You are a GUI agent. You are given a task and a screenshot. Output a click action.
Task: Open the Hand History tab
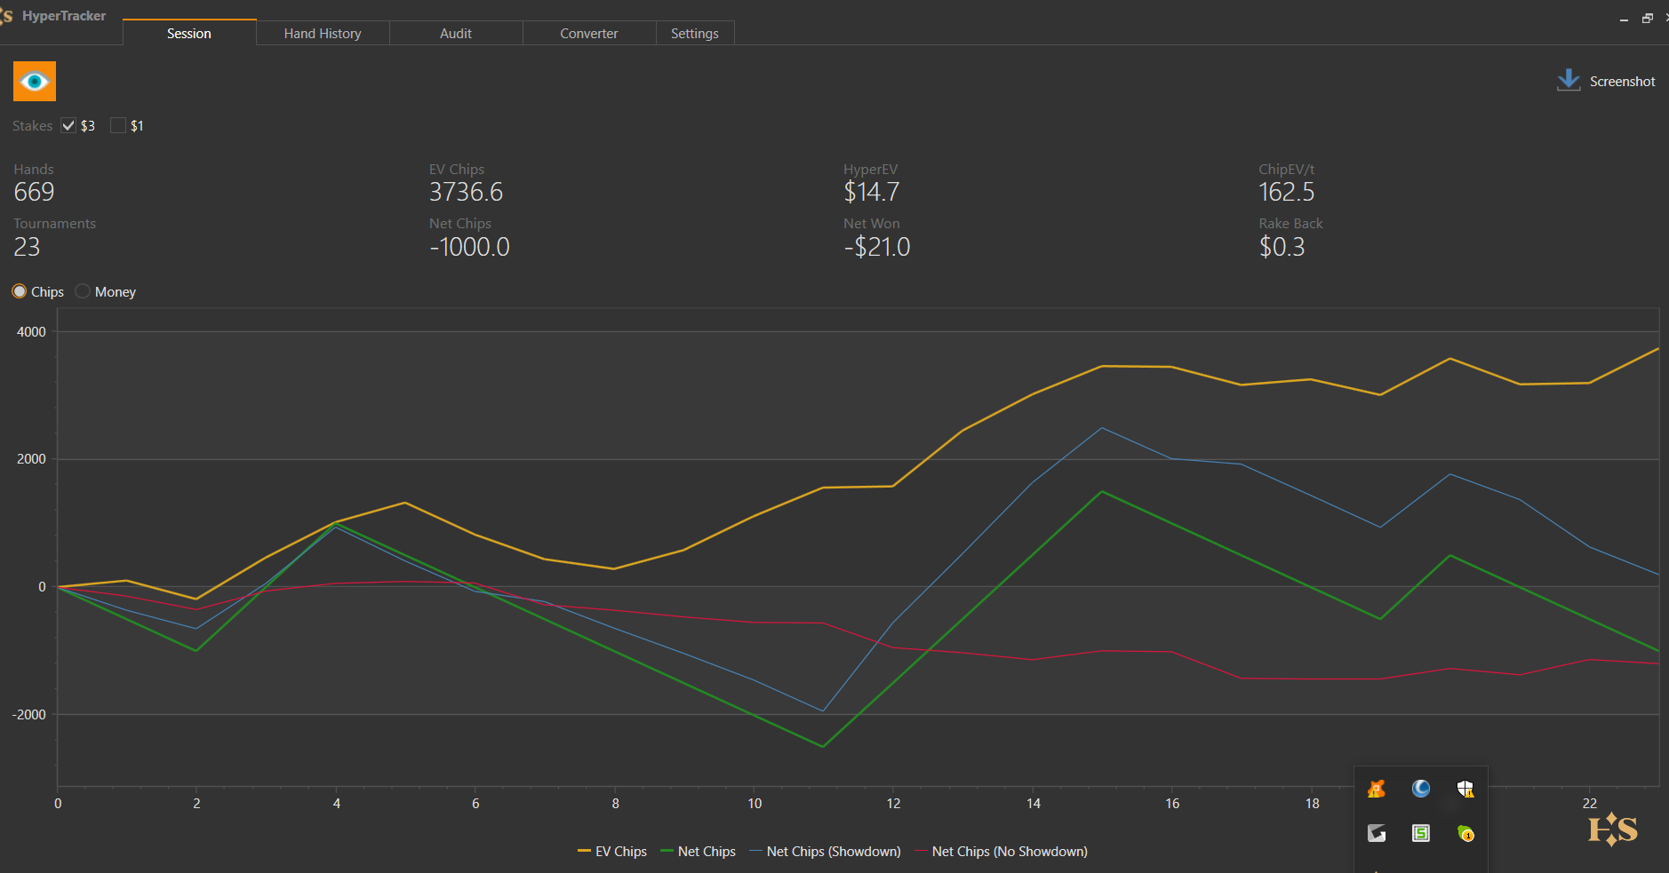tap(323, 34)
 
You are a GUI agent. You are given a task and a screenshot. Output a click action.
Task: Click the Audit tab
tap(456, 34)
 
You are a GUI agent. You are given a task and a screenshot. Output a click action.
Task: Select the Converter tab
tap(588, 34)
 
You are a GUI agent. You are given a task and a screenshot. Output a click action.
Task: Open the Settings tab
tap(694, 34)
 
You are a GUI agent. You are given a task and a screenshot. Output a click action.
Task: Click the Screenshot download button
tap(1606, 81)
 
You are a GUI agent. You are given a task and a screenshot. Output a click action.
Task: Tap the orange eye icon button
tap(35, 82)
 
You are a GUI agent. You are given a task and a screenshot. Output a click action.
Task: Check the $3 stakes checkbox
tap(68, 125)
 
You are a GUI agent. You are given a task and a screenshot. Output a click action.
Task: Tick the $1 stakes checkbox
tap(118, 125)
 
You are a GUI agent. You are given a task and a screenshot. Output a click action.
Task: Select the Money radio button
tap(83, 291)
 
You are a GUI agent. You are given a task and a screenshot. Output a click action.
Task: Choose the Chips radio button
tap(20, 291)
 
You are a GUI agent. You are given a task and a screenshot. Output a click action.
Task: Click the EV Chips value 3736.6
tap(466, 192)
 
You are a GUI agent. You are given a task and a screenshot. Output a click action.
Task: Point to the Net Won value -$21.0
tap(876, 247)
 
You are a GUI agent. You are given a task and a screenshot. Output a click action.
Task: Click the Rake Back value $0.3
tap(1282, 247)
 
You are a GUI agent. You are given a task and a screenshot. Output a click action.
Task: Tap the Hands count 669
tap(34, 192)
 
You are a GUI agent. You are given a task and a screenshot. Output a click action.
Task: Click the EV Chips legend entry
tap(612, 851)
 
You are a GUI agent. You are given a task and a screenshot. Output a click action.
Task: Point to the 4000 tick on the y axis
tap(31, 332)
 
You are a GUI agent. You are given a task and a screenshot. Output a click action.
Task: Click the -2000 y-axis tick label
tap(28, 714)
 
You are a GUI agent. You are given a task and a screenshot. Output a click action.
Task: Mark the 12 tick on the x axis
tap(893, 804)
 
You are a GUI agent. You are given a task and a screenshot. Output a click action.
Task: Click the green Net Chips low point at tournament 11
tap(824, 747)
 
